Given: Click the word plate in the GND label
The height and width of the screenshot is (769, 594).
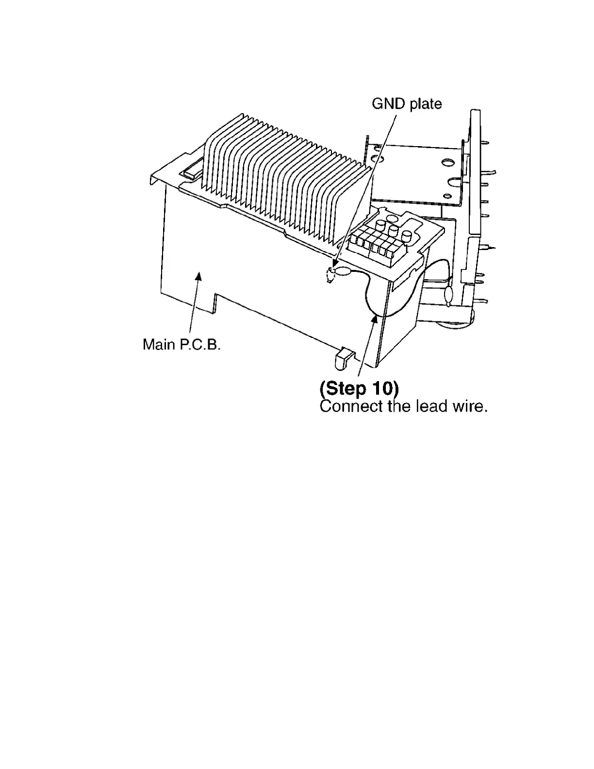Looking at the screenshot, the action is (425, 104).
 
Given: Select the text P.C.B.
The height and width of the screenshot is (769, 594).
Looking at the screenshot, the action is (200, 345).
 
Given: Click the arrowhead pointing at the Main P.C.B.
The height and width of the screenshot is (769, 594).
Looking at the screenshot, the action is (198, 276).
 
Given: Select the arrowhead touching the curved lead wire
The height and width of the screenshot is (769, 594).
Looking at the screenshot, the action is (374, 318).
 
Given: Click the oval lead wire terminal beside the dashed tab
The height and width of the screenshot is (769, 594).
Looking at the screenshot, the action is (345, 272).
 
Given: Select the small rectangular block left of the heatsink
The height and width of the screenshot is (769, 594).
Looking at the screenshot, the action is (192, 171).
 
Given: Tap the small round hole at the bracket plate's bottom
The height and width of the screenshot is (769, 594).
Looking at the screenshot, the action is (449, 196).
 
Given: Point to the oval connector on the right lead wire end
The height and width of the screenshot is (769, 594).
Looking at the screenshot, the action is (447, 295).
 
